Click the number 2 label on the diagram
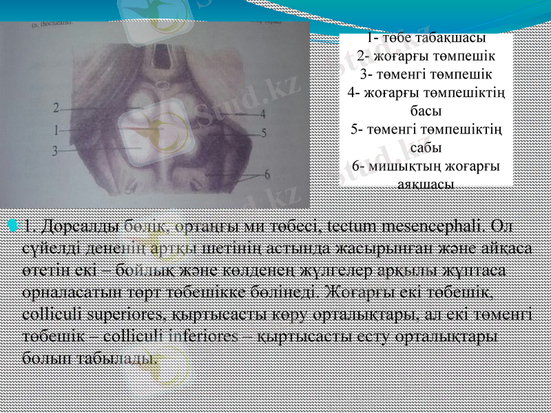(x=56, y=107)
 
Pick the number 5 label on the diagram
(x=263, y=133)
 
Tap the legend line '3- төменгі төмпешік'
(x=426, y=74)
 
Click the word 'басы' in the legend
(x=426, y=110)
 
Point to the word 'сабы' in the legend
(x=426, y=147)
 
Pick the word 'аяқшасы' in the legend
(x=426, y=184)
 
